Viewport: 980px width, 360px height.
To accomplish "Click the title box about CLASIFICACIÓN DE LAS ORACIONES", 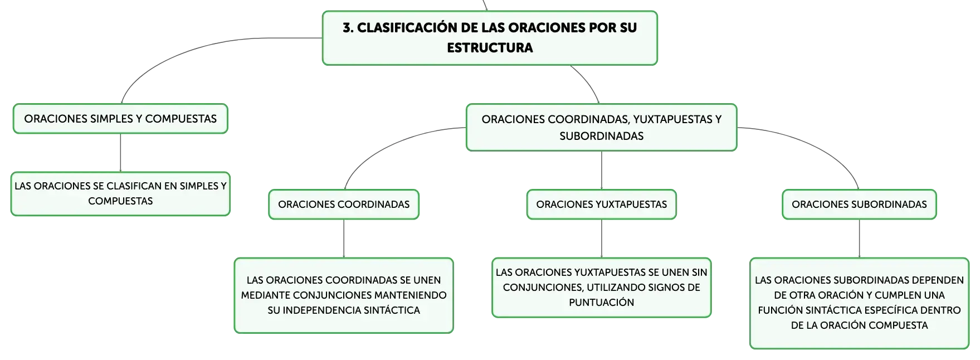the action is (490, 38).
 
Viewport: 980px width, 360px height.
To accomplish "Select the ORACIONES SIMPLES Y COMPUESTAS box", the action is (120, 119).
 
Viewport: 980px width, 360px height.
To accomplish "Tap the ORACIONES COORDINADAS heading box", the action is (344, 205).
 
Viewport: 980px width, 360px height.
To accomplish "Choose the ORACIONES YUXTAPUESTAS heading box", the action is (602, 205).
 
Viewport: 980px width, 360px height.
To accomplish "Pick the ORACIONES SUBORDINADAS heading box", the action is (859, 205).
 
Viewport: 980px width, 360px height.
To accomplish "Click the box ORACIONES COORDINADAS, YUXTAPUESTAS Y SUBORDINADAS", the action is (602, 128).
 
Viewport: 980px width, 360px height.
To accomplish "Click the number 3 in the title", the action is (347, 28).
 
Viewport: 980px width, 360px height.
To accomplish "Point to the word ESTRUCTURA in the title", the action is (490, 48).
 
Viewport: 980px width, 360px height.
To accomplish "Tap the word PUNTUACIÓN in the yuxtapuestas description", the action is (602, 303).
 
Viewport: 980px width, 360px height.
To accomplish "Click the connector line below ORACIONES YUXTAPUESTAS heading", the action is (602, 239).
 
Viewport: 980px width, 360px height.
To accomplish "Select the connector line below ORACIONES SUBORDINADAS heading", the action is (859, 239).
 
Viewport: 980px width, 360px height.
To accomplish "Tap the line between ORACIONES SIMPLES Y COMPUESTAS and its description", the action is (120, 153).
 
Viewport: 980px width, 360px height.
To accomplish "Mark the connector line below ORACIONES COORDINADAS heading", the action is (344, 239).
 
